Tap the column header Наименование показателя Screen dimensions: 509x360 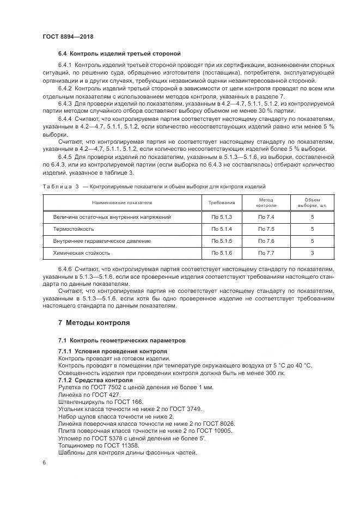(x=122, y=203)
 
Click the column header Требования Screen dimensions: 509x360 (x=222, y=203)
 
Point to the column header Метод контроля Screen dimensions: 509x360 (x=266, y=203)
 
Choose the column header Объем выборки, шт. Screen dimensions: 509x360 (x=312, y=203)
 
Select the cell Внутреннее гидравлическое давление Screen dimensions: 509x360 (x=102, y=241)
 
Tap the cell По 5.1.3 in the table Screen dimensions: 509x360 (x=222, y=217)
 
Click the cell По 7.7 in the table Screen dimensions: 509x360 (x=266, y=253)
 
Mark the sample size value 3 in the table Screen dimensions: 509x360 (x=312, y=253)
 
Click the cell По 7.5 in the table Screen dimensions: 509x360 (x=266, y=229)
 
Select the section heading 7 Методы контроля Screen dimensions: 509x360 (x=94, y=322)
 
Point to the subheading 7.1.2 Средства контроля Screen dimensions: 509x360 (x=95, y=379)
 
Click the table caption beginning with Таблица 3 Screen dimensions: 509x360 (x=154, y=186)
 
